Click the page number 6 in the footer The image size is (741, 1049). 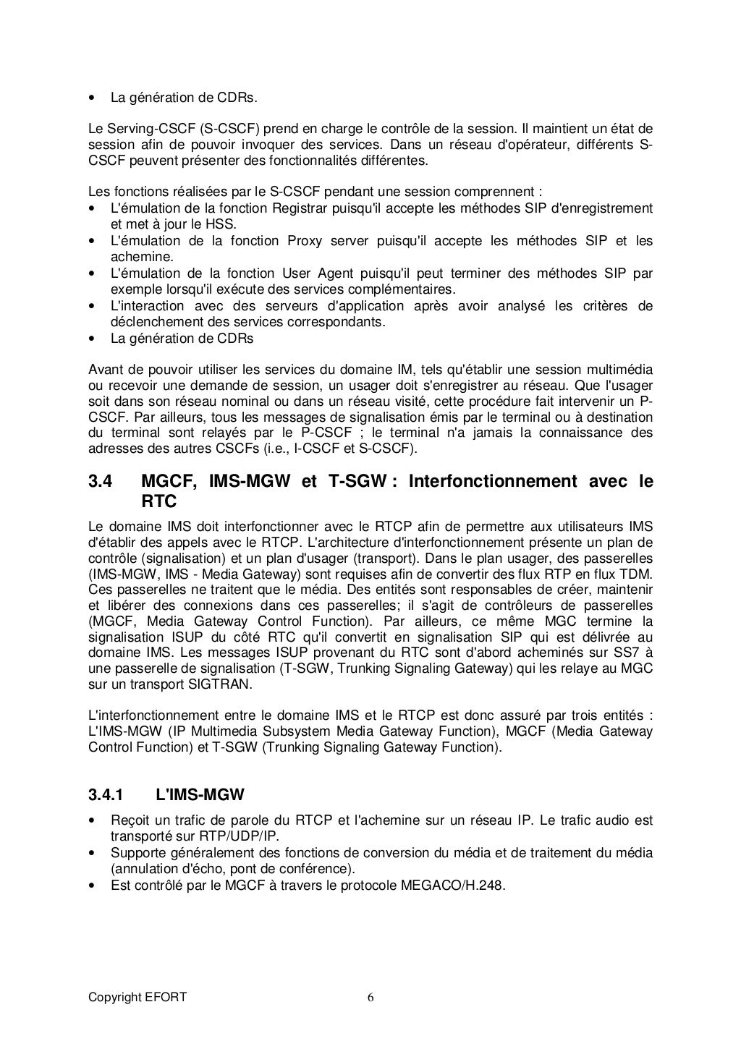[370, 998]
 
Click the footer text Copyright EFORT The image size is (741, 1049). [137, 998]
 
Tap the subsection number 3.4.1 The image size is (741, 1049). [106, 795]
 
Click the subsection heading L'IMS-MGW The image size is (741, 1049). [200, 795]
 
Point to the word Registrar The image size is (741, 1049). [299, 208]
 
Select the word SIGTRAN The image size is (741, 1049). [219, 684]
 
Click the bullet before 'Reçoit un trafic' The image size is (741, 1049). [91, 820]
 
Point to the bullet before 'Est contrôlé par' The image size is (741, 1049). [91, 884]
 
